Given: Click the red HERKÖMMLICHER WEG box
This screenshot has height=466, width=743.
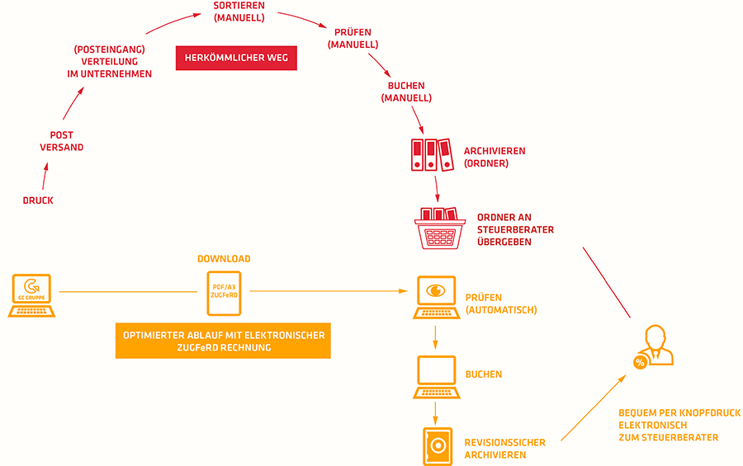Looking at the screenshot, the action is point(236,58).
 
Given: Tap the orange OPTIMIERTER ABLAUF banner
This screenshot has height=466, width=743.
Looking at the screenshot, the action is point(223,341).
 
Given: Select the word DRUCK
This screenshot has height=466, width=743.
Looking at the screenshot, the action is point(38,200).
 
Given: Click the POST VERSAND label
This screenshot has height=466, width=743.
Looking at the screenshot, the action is point(62,141).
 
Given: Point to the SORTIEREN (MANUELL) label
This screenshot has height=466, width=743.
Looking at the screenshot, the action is point(239,12).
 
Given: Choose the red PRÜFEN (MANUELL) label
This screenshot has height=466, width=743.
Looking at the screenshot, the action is point(353,39).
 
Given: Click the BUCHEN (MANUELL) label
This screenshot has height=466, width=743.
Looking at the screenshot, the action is point(406,92).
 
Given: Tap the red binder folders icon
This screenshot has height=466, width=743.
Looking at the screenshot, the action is point(432,155).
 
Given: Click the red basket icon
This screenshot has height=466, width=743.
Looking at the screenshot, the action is point(439,228).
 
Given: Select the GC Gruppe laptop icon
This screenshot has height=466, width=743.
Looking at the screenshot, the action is point(31,295).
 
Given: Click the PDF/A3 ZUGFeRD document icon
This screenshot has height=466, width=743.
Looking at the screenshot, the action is point(224,293).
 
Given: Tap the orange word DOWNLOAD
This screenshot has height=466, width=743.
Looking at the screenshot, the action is point(224,259).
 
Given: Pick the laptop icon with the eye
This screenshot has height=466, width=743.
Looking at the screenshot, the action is point(437,298).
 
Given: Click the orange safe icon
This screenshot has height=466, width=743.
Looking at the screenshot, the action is point(438,446).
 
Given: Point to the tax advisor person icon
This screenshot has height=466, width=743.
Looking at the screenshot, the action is point(657,345).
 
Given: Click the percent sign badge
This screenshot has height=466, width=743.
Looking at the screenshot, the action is point(640,363).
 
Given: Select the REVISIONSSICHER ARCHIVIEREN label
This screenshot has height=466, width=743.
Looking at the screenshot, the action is point(504,449).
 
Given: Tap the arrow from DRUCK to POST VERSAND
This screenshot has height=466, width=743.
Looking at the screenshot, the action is point(45,177).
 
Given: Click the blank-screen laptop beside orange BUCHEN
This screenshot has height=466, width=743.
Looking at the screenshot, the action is point(437,377).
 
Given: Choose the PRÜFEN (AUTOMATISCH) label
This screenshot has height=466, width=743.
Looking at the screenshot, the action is point(501,304).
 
